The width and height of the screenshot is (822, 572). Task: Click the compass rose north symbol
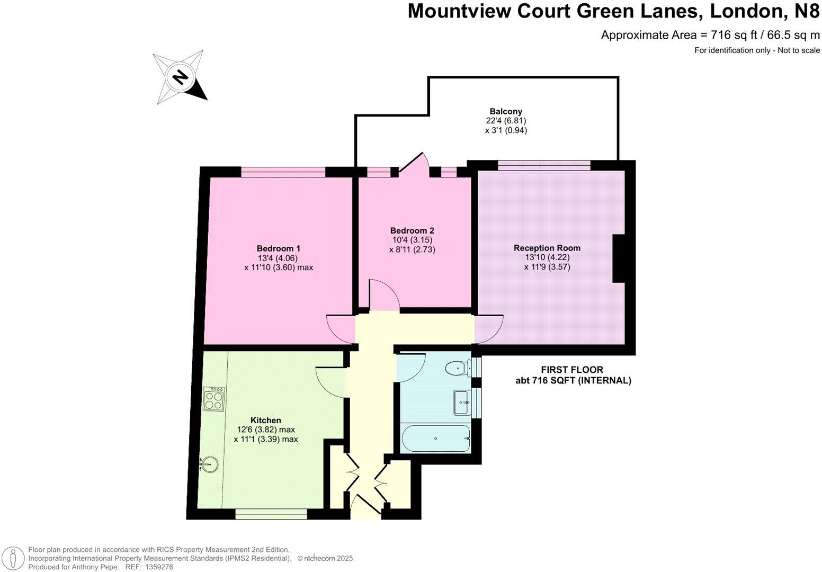(x=180, y=77)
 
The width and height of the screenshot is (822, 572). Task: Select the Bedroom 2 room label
(x=412, y=230)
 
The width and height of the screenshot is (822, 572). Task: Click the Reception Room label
(x=547, y=248)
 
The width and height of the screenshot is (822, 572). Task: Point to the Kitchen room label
(x=265, y=420)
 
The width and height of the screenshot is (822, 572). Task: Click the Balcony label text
(x=506, y=111)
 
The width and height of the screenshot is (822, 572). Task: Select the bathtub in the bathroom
(x=435, y=439)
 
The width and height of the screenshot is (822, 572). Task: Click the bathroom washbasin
(x=461, y=403)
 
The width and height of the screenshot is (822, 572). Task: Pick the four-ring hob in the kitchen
(x=214, y=399)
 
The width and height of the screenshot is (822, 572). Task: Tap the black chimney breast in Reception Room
(x=619, y=258)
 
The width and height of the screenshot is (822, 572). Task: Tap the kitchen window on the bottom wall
(x=271, y=513)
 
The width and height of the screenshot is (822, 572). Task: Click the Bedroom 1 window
(x=283, y=171)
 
